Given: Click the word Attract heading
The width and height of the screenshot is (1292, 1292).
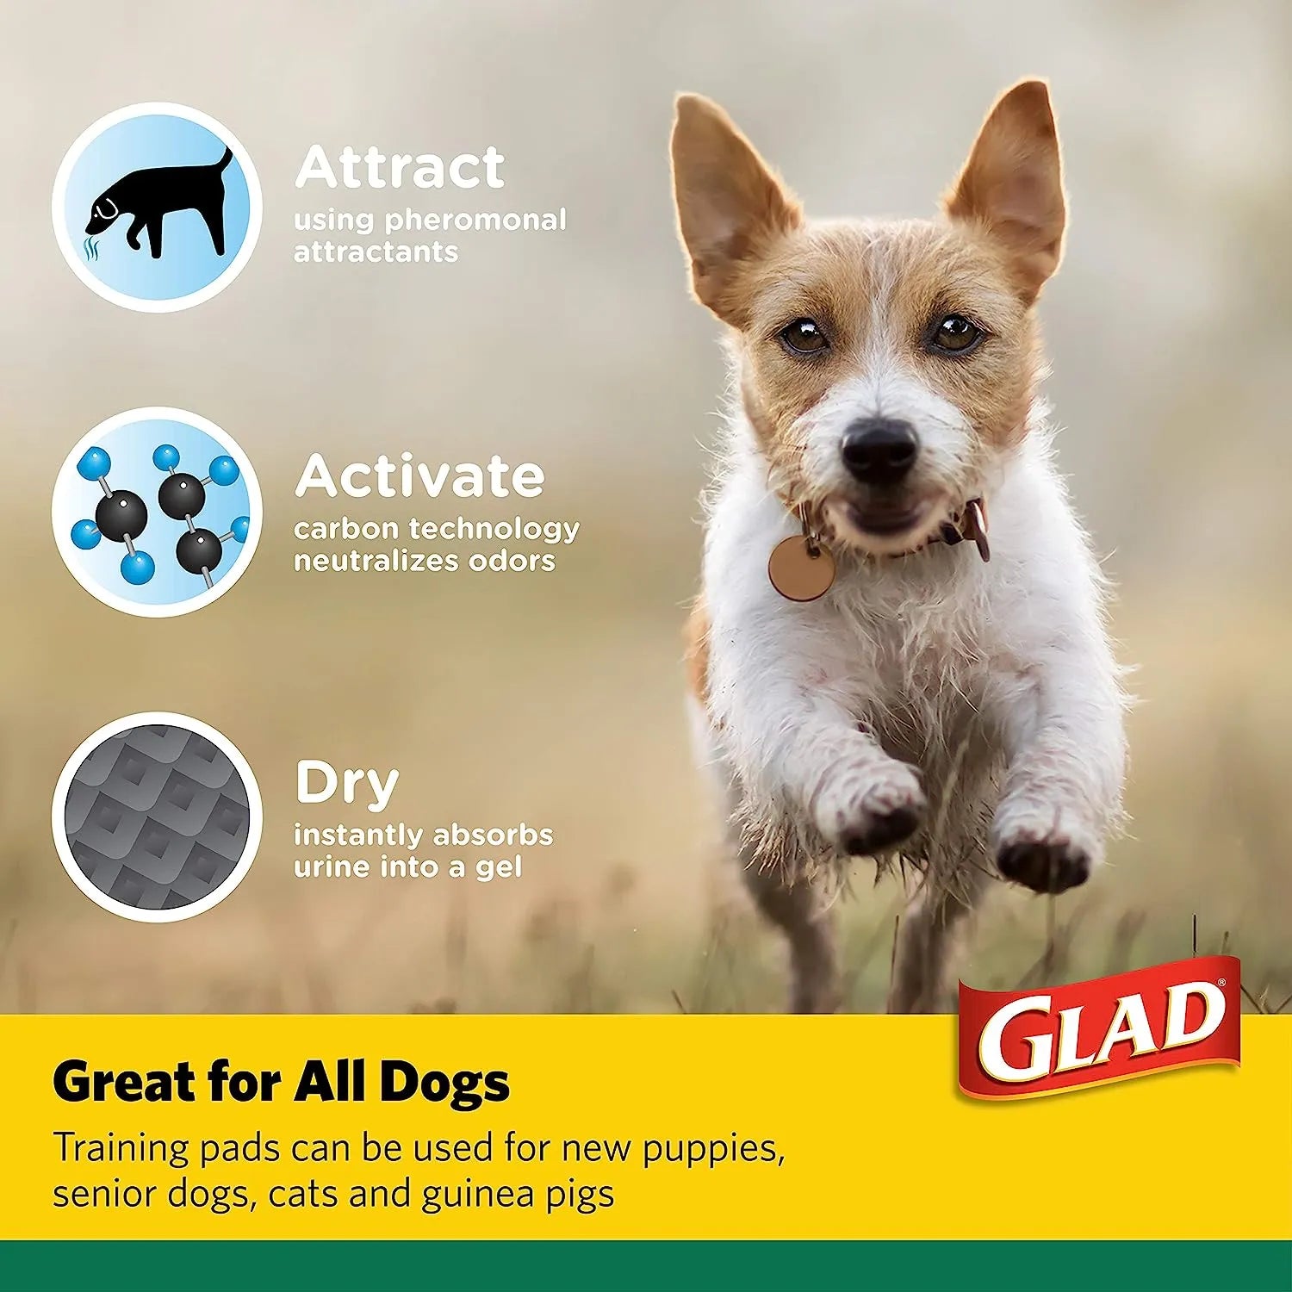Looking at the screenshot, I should [x=400, y=167].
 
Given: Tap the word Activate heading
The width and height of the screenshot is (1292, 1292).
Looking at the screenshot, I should [x=419, y=475].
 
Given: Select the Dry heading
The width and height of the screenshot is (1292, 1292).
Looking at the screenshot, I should [x=346, y=783].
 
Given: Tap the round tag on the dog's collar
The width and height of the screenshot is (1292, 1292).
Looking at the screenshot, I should [x=801, y=568].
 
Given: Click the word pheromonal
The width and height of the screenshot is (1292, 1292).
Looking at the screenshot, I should [x=475, y=221].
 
